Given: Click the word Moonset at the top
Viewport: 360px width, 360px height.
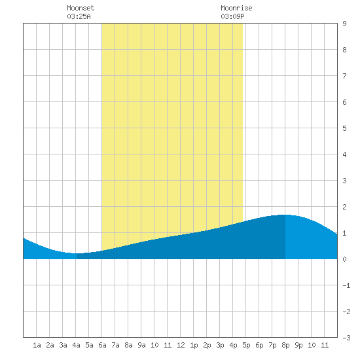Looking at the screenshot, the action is point(81,8).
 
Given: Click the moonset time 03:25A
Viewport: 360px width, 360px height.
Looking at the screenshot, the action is point(79,16).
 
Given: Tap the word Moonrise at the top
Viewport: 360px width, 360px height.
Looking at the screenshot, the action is point(236,8).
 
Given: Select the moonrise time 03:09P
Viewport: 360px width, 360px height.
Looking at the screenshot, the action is point(232,16).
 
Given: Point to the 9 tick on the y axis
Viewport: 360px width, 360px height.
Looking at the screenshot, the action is point(344,24).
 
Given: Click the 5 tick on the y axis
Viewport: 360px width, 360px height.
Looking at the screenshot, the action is point(344,128).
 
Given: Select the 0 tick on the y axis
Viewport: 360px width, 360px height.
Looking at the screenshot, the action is point(344,259).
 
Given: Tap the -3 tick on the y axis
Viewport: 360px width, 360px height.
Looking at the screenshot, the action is point(346,338).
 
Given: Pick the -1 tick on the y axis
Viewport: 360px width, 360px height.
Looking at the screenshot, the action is point(346,285).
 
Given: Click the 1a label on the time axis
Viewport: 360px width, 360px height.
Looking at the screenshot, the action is point(37,345).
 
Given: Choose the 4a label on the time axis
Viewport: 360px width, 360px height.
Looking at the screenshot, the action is point(76,345).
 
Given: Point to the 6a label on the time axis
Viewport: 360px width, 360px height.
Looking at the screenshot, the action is point(102,345).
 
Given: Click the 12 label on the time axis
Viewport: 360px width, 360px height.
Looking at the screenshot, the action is point(181,345).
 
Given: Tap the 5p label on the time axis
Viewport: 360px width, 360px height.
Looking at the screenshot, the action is point(246,345).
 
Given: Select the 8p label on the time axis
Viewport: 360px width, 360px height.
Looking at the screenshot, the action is point(285,345).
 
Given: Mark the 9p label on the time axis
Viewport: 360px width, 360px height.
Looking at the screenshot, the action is point(298,345).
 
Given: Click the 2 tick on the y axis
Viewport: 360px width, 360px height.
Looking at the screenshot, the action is point(344,207).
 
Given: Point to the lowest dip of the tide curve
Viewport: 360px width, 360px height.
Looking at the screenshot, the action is point(75,253).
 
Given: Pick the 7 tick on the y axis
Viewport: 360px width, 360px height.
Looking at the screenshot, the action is point(344,76).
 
